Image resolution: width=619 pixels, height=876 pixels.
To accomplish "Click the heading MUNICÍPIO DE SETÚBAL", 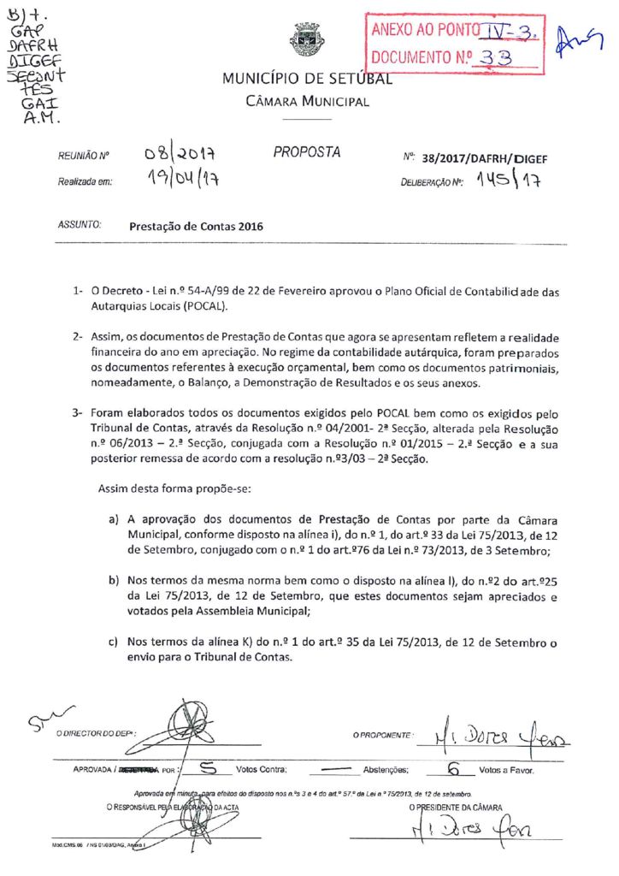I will [x=307, y=80].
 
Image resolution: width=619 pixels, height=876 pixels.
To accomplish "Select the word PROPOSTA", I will [x=307, y=153].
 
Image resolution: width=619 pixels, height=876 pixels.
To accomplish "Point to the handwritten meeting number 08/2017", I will [x=178, y=157].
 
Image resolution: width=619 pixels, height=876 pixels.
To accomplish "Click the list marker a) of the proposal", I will [x=113, y=520].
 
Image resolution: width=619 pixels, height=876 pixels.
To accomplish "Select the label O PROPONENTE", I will [x=383, y=735].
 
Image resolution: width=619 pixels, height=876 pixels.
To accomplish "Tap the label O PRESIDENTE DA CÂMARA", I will [x=455, y=807].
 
